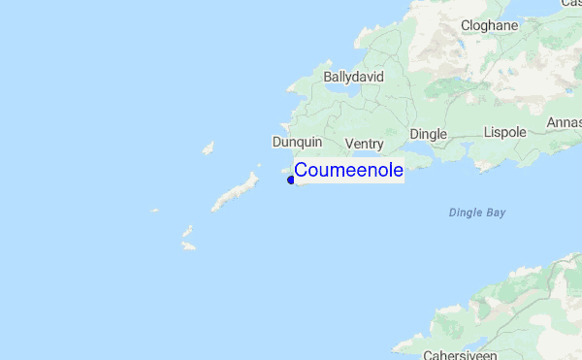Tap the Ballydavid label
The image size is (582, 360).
tap(354, 76)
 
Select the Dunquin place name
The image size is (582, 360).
tap(296, 142)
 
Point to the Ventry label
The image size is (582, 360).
tap(365, 144)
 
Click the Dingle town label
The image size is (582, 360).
tap(428, 134)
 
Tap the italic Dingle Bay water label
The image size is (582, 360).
tap(477, 213)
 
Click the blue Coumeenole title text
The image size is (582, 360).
tap(348, 170)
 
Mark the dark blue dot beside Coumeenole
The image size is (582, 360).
tap(291, 179)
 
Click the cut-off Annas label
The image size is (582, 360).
tap(564, 122)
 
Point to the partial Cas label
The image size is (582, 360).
tap(570, 4)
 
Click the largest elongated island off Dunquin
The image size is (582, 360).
tap(236, 192)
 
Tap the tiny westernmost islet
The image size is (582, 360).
tap(154, 209)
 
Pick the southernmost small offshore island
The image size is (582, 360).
tap(188, 246)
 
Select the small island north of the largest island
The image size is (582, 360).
tap(208, 148)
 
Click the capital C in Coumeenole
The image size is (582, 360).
tap(302, 170)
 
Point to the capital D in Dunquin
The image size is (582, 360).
tap(276, 142)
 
